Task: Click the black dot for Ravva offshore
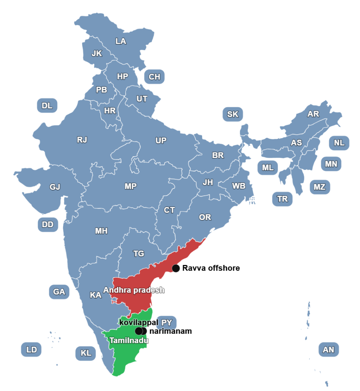tap(176, 268)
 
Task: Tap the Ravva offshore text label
tap(211, 268)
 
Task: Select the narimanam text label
tap(171, 331)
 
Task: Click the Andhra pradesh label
tap(134, 290)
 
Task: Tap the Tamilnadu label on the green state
tap(128, 340)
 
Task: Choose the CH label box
tap(154, 77)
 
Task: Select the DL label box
tap(47, 106)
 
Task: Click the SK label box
tap(232, 114)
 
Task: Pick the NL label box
tap(339, 143)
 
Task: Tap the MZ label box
tap(320, 187)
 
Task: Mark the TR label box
tap(283, 199)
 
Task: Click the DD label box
tap(48, 224)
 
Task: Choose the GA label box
tap(59, 292)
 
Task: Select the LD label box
tap(31, 349)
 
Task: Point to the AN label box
tap(328, 349)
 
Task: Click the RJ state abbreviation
tap(82, 140)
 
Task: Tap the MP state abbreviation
tap(131, 186)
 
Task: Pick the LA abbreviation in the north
tap(121, 41)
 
